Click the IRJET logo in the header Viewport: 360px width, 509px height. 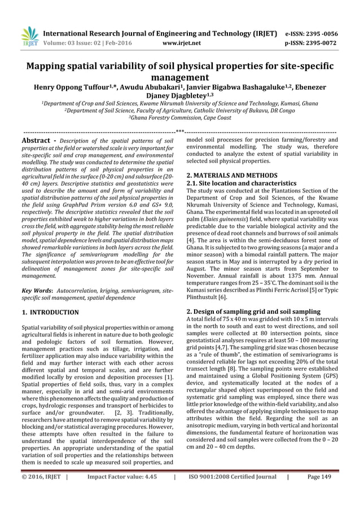(29, 36)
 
